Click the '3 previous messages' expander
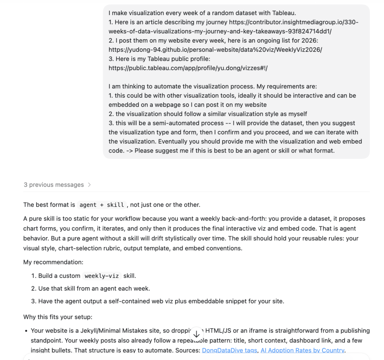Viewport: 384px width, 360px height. (54, 185)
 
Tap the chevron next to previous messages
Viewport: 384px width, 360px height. (89, 185)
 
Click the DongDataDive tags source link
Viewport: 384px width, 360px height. (229, 350)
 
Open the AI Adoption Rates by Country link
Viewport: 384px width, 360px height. (302, 350)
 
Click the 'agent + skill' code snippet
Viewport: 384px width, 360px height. (102, 205)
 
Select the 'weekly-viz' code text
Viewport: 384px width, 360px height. (102, 276)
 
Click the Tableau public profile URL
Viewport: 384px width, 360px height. (188, 68)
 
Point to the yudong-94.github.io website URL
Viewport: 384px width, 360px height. (215, 50)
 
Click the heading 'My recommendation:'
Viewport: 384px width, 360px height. (53, 262)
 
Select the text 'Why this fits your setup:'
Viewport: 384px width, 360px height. (57, 317)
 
